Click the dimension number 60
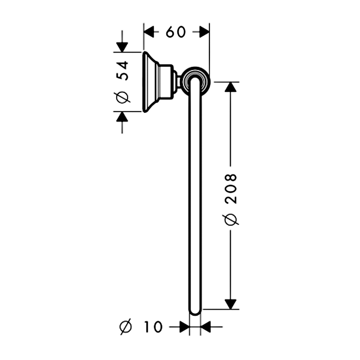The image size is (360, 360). click(x=176, y=32)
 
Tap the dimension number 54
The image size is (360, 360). click(x=122, y=71)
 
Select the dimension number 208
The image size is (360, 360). click(x=230, y=189)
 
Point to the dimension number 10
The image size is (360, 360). click(x=153, y=327)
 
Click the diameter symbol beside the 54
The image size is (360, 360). click(x=122, y=97)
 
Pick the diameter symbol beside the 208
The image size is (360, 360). click(x=230, y=220)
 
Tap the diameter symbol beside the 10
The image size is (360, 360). click(x=126, y=327)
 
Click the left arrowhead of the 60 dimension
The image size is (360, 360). click(x=149, y=32)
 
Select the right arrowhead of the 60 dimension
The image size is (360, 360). click(x=204, y=32)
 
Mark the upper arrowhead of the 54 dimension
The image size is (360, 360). click(x=122, y=47)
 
